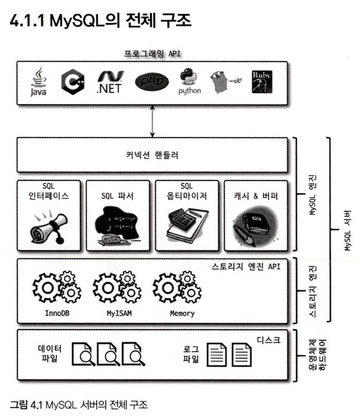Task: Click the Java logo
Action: [38, 82]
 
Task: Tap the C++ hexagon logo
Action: [73, 82]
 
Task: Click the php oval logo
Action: [152, 82]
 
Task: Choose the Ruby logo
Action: [262, 82]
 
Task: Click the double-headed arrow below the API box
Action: [152, 121]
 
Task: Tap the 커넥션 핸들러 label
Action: [152, 155]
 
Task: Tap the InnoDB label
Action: [57, 313]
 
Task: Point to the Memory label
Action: [182, 313]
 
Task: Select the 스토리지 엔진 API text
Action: [246, 266]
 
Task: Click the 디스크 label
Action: [268, 340]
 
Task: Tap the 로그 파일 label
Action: [191, 354]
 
